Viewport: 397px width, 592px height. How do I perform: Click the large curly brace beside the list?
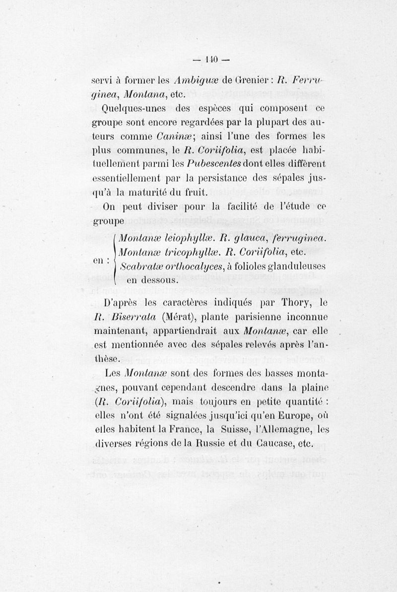[x=116, y=259]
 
